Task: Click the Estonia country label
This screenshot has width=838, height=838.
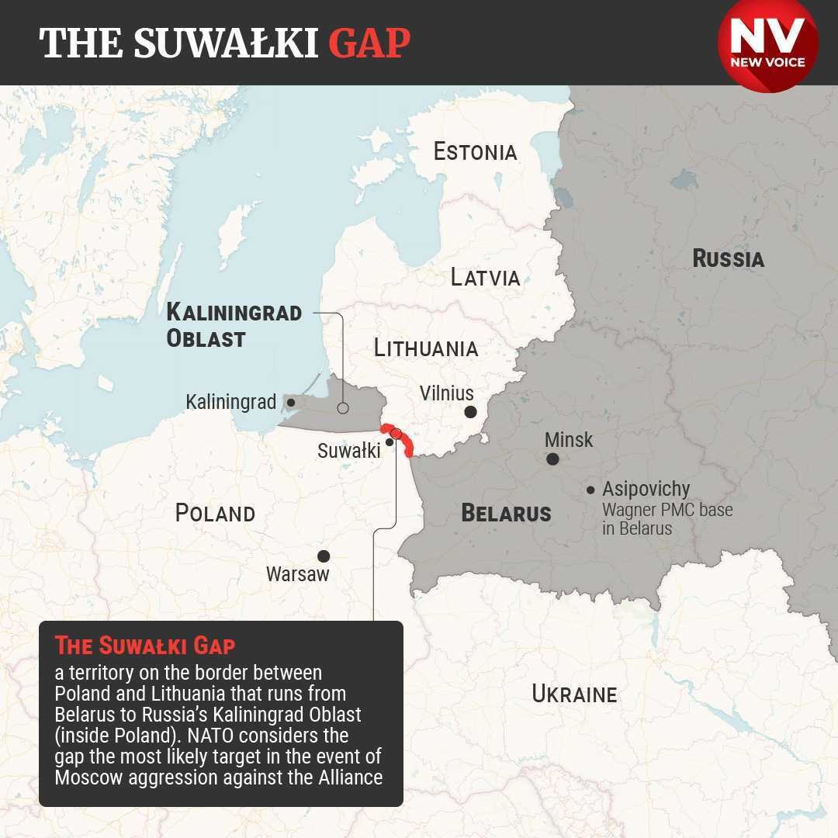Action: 475,151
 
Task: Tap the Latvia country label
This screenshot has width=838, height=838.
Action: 485,277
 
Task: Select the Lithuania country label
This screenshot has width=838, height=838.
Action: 425,348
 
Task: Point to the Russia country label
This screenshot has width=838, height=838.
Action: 728,258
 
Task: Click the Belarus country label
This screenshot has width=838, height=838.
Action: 506,513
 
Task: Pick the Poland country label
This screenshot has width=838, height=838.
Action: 215,513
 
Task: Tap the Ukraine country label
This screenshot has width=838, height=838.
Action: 574,694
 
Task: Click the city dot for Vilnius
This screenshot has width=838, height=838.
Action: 470,412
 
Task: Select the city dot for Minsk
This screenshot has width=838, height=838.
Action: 552,459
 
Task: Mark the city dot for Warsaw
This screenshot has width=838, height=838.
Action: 324,556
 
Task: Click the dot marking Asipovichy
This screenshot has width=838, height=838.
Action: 590,490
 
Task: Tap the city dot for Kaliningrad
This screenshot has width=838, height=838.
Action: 291,402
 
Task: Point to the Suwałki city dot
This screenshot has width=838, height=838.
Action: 389,442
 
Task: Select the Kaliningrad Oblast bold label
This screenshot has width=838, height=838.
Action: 234,325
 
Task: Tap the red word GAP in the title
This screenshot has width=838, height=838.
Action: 369,43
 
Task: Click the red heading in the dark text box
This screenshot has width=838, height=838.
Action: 145,646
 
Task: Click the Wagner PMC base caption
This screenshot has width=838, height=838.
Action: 667,519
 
